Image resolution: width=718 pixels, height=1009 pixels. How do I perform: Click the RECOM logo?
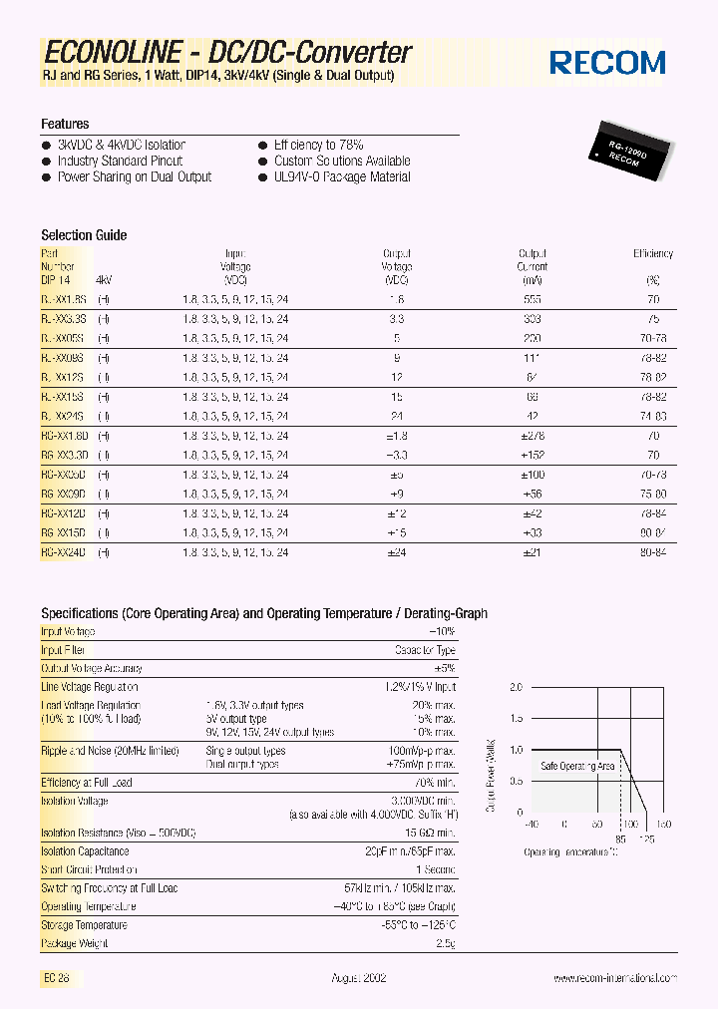pos(607,62)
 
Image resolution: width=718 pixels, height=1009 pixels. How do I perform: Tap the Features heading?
pos(65,124)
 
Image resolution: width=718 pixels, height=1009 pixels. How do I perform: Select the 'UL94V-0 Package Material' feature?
pos(342,177)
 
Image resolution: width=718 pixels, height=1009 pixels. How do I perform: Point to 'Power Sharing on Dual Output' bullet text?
pos(135,177)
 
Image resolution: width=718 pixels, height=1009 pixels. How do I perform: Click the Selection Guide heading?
pos(84,235)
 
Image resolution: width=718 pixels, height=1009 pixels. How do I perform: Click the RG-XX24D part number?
pos(64,551)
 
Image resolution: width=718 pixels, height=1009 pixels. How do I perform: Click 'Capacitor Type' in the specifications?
pos(425,650)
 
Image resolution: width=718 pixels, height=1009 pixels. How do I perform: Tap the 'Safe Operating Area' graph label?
pos(577,766)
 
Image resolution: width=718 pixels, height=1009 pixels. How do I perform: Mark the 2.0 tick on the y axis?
pos(516,688)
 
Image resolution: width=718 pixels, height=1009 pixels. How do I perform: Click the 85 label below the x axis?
pos(620,839)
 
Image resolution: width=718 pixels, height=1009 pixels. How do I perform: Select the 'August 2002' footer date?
pos(359,978)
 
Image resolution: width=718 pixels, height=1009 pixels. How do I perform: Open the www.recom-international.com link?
pos(615,978)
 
